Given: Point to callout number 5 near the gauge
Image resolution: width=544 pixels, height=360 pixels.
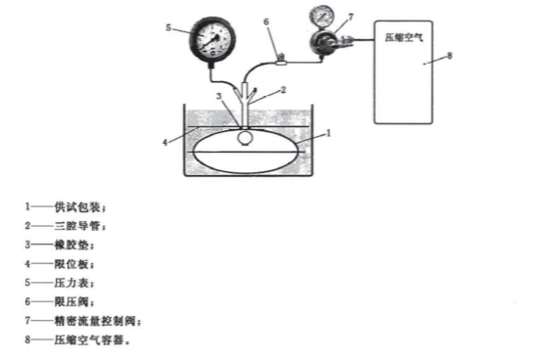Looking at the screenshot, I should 169,27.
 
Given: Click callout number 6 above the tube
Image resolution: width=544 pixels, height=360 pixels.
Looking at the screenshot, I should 267,20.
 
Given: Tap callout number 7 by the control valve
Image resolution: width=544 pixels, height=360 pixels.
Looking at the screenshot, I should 351,17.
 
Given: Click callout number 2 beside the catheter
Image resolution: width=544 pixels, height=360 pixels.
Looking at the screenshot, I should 283,90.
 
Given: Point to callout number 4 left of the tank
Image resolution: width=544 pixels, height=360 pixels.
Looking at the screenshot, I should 166,143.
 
